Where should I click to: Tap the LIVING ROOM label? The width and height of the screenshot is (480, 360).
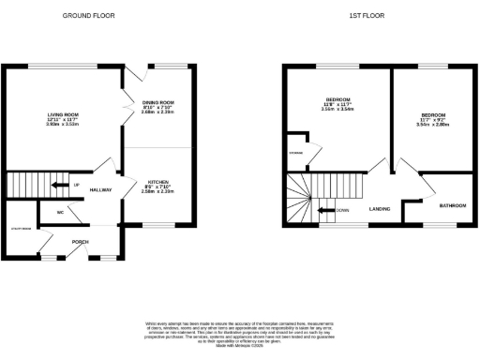coord(63,114)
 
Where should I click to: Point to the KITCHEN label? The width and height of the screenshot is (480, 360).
coord(158,180)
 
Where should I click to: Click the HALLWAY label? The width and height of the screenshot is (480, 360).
coord(100,190)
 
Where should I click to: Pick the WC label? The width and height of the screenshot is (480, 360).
coord(60,212)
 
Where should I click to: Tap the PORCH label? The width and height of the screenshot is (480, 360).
coord(82,241)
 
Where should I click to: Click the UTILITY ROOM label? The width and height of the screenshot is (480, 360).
coord(22,228)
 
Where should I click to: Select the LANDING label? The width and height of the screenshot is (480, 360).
coord(380,209)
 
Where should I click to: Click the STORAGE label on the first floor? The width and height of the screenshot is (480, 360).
coord(294,151)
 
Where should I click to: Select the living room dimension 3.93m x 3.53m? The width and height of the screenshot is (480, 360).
coord(63,124)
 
